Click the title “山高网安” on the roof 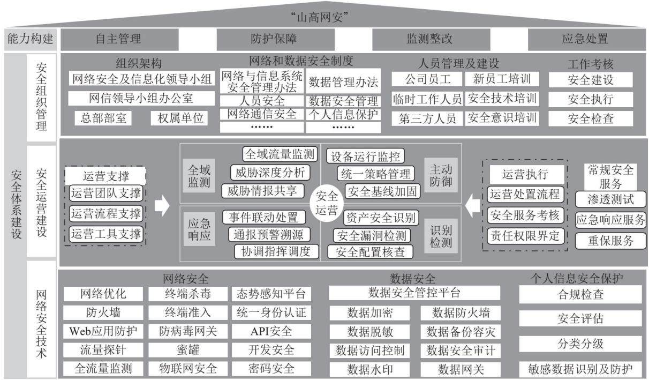[320, 17]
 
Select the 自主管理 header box [119, 39]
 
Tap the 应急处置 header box [587, 39]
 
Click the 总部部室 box [103, 118]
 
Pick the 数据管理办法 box [343, 81]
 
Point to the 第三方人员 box [427, 118]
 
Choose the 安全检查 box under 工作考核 [591, 118]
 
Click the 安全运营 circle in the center [327, 203]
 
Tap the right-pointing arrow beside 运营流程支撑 [162, 205]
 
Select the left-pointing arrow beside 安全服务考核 [472, 206]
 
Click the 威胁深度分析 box [270, 173]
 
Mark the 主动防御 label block [441, 175]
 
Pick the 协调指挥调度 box [276, 251]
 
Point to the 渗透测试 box [611, 199]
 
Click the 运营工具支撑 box [106, 234]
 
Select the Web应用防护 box [103, 331]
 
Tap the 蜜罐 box [188, 350]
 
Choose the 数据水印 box [370, 369]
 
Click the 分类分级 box [580, 344]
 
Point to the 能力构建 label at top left [30, 39]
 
